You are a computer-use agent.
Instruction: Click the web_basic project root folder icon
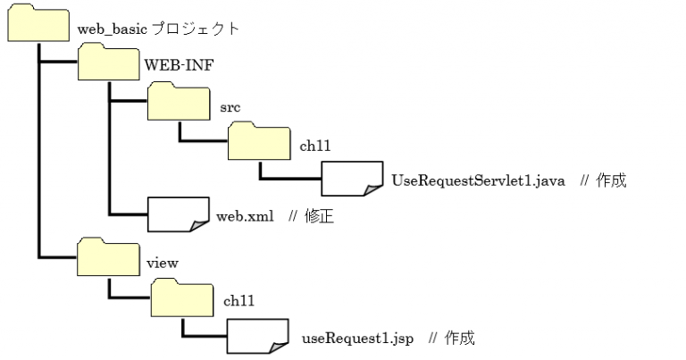38,24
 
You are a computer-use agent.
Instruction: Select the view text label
162,263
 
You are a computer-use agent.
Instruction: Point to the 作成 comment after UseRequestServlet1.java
612,180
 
